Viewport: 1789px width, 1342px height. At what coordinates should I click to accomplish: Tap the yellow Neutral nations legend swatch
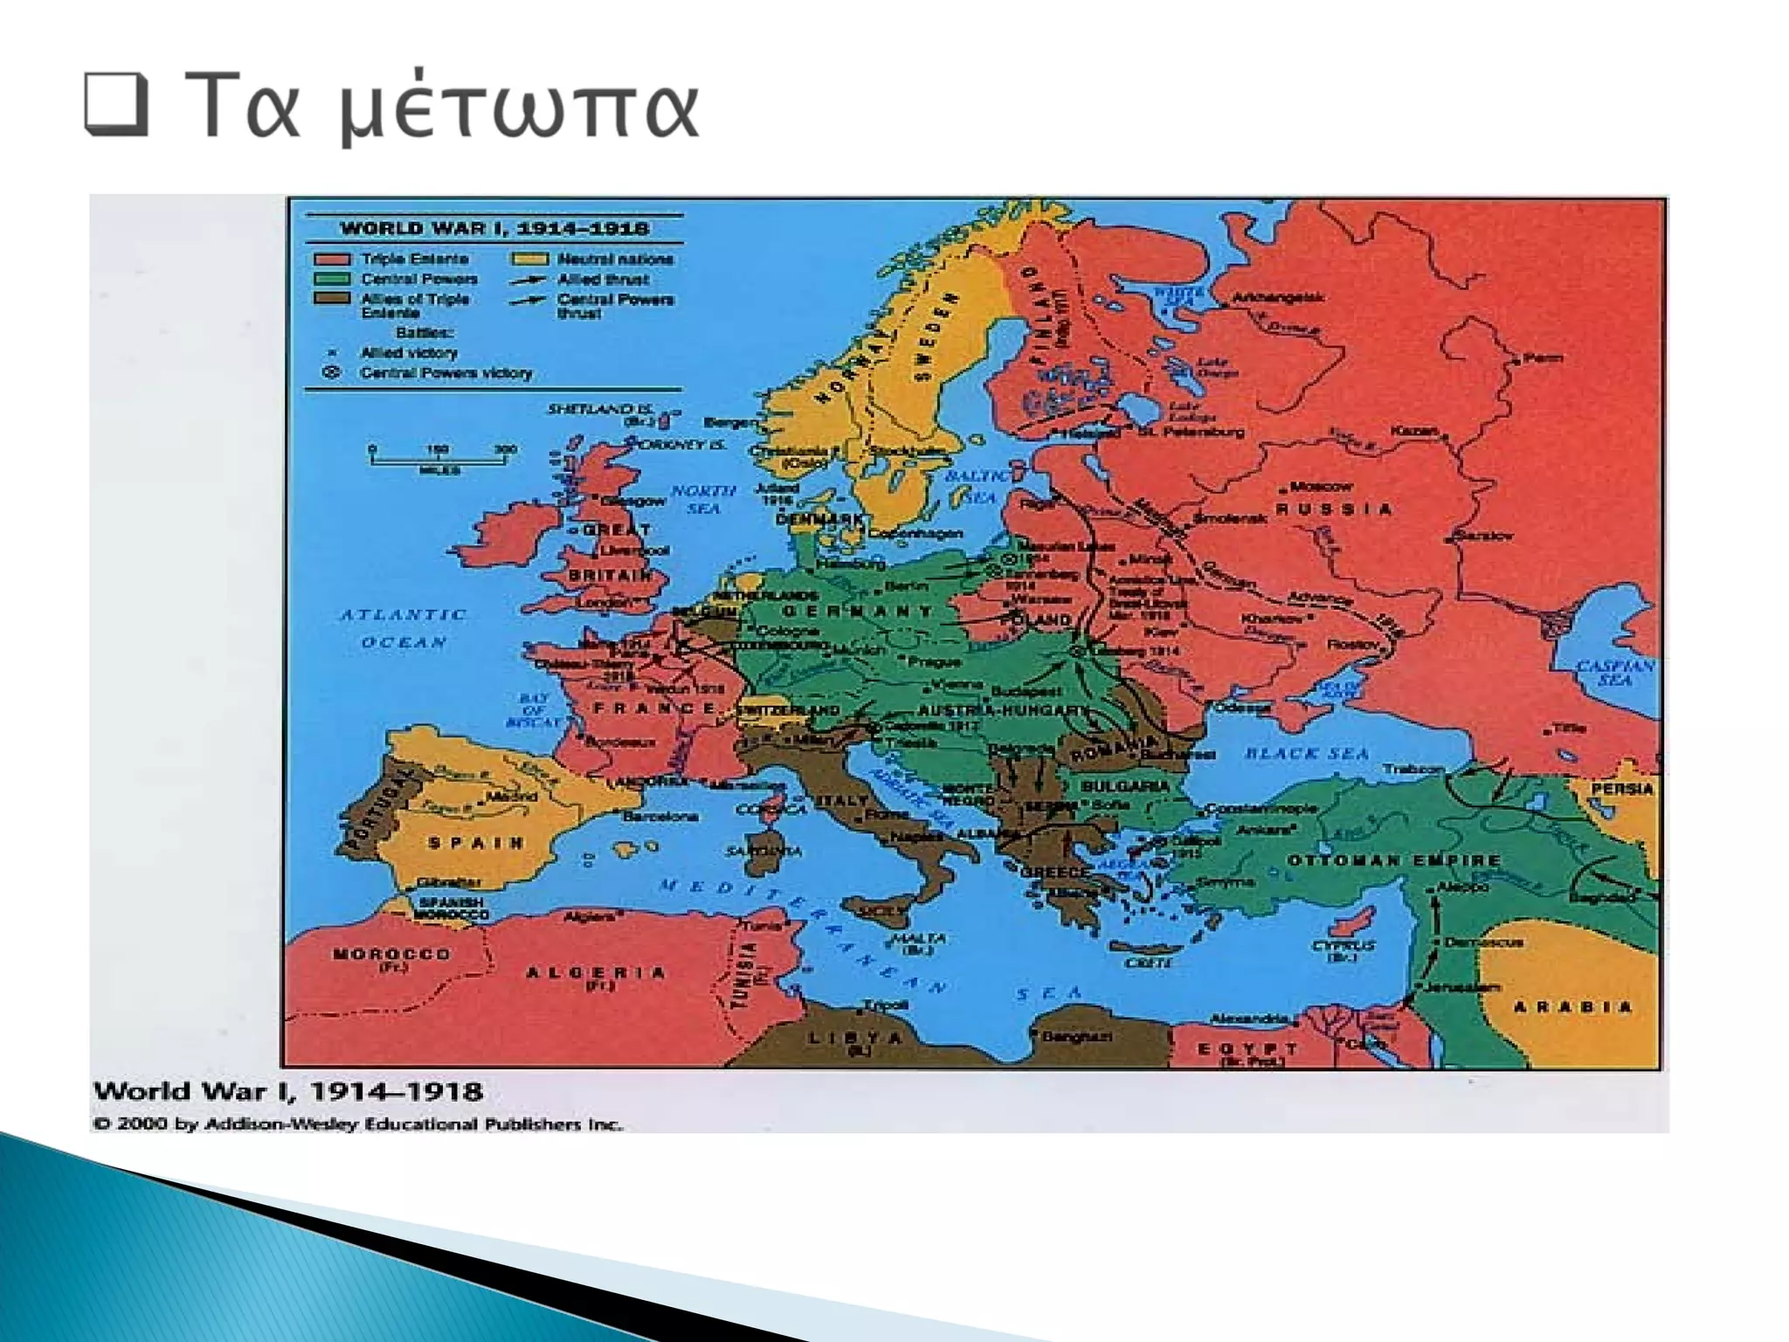point(529,259)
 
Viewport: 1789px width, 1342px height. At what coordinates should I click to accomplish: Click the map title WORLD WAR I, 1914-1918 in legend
point(494,229)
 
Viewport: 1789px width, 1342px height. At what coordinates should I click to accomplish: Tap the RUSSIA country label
point(1334,509)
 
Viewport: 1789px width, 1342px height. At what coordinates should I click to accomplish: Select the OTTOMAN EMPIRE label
point(1393,861)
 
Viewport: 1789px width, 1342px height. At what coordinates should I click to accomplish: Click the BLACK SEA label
point(1307,753)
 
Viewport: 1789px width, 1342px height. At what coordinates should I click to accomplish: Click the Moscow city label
point(1321,486)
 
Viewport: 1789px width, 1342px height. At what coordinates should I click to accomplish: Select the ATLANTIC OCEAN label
point(404,628)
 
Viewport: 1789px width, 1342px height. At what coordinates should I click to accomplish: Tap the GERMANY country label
point(858,611)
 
